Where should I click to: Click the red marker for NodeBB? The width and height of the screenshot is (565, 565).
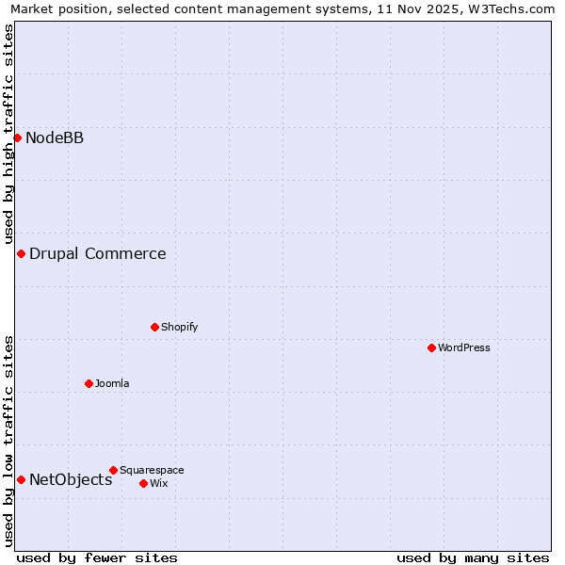coord(17,138)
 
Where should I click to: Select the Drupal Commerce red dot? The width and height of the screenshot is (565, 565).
coord(21,254)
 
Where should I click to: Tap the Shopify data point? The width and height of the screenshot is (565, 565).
coord(154,328)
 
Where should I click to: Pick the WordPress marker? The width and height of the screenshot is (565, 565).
coord(431,348)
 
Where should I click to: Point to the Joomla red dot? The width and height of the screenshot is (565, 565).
coord(89,383)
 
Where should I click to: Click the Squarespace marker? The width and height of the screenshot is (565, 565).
coord(113,470)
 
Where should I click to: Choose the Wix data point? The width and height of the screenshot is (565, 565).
coord(143,483)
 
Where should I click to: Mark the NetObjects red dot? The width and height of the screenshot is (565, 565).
coord(21,480)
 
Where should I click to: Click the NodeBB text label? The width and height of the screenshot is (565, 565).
coord(55,138)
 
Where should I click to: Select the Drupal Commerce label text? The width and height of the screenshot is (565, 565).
coord(98,254)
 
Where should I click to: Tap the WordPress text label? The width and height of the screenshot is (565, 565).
coord(464,348)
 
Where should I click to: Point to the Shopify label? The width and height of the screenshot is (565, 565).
coord(179,328)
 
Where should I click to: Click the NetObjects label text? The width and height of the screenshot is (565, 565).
coord(71,480)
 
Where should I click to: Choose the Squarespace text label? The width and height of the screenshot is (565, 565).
coord(152,470)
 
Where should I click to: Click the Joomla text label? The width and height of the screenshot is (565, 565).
coord(112,383)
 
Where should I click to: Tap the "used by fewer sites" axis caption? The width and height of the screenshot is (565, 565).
coord(97,558)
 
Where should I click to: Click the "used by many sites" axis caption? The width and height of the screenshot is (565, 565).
coord(473,558)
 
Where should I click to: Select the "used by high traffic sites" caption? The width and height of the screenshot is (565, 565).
coord(8,134)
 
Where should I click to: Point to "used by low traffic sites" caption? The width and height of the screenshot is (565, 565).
coord(8,441)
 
